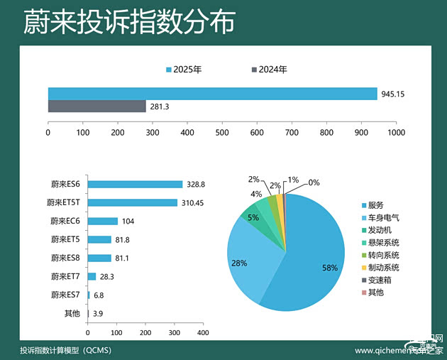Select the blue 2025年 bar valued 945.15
[212, 94]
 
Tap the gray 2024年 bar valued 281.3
[96, 107]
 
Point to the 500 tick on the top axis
[222, 132]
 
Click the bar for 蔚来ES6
[135, 184]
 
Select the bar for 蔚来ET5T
[132, 202]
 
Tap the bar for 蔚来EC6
[102, 221]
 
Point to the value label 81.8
[123, 239]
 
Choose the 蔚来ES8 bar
[99, 258]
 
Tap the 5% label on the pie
[253, 218]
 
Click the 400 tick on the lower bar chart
[202, 332]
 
